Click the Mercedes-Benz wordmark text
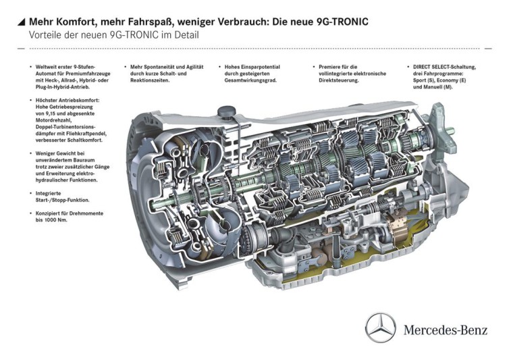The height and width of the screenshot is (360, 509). [447, 330]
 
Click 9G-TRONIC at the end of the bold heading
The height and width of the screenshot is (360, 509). [341, 22]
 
